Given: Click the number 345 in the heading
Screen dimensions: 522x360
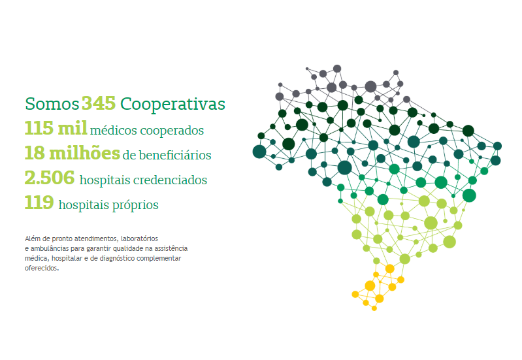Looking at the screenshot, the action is (99, 103).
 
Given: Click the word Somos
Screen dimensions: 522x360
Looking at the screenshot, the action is (52, 104).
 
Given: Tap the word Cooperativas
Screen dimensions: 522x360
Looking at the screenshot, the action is (172, 105).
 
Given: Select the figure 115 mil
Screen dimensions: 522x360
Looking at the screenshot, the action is (56, 128).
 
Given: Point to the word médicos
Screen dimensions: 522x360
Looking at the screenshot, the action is (113, 130).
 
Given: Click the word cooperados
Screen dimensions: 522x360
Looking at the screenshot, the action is (172, 131).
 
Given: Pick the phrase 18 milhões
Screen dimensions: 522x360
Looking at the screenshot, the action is (73, 153).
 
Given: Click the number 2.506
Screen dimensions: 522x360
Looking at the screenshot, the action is (50, 178).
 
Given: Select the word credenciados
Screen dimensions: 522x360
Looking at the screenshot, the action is (170, 180).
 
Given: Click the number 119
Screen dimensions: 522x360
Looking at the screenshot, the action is (39, 203).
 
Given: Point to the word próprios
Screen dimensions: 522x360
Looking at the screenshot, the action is (135, 205).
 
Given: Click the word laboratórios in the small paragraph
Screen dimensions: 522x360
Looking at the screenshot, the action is (139, 238).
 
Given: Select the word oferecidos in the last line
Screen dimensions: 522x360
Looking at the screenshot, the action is (42, 268).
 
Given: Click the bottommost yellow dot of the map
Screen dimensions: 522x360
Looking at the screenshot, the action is (374, 308).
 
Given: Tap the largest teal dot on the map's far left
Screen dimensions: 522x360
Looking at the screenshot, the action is (259, 152).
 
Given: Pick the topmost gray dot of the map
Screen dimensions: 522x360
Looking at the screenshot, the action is (337, 69).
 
